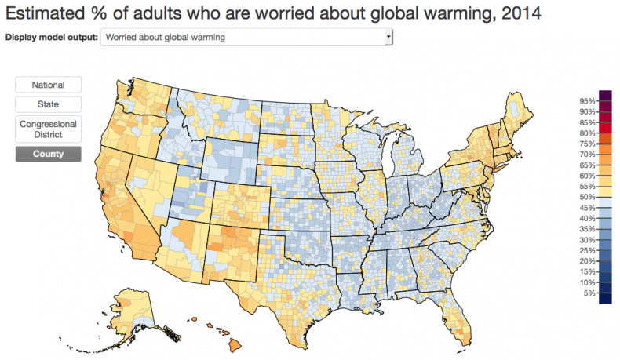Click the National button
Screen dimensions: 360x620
click(48, 85)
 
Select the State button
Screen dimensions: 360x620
click(48, 104)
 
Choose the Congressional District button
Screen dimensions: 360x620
click(48, 129)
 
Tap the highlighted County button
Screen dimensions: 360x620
click(48, 154)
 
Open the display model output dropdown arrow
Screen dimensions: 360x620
click(388, 37)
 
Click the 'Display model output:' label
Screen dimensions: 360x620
click(52, 37)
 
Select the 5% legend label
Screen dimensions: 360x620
click(589, 293)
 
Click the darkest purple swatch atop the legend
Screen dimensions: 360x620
click(604, 95)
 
